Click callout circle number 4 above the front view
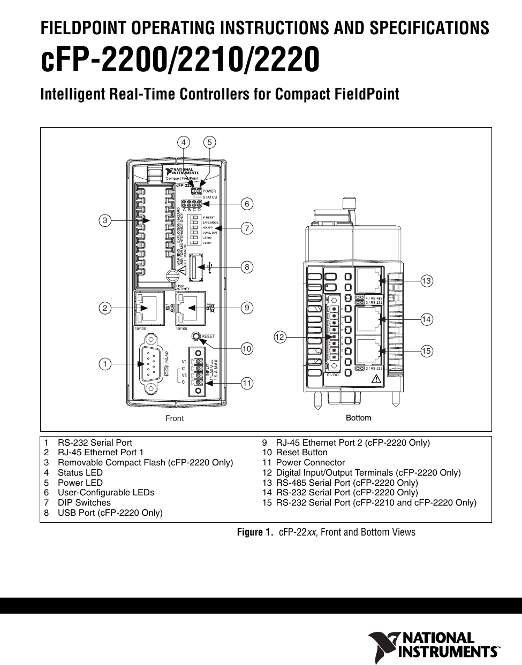(184, 142)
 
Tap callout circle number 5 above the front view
(210, 142)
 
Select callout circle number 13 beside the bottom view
(426, 281)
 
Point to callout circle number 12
(280, 337)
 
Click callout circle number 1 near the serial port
(105, 364)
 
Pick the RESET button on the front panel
(196, 336)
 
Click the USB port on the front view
(195, 266)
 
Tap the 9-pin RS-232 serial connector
(152, 364)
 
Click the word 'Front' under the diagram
(175, 418)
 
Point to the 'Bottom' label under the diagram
(358, 417)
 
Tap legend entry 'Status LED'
(80, 473)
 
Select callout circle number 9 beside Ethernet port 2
(246, 308)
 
